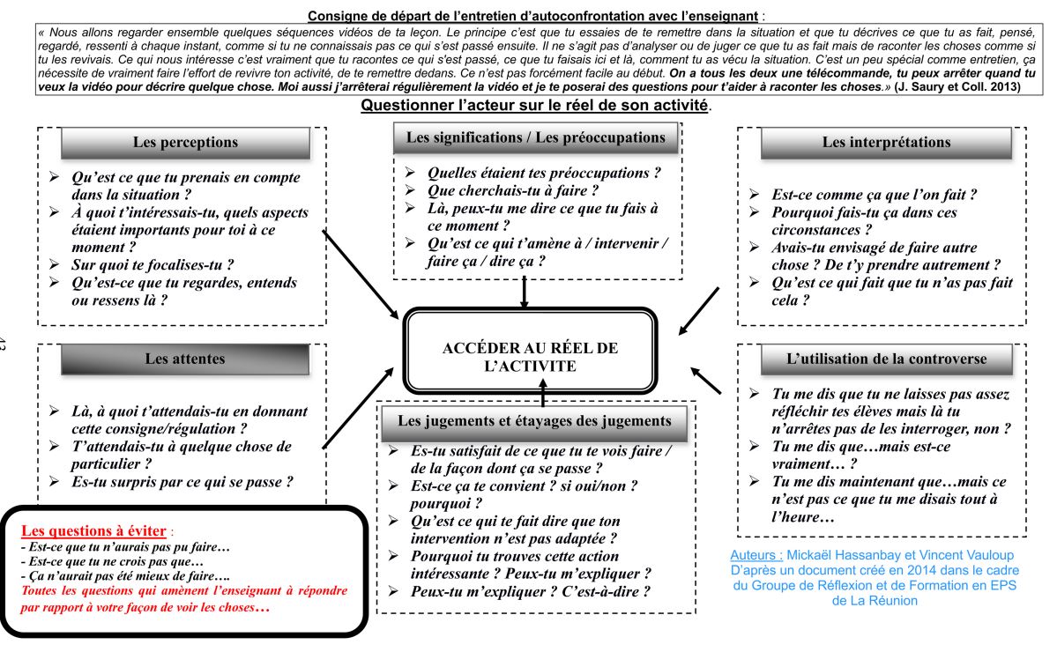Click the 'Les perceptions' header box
[185, 142]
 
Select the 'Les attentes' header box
[185, 359]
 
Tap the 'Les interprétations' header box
[886, 142]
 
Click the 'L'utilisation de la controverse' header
[886, 359]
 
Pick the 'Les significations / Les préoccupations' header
[535, 137]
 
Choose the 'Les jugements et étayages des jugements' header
[535, 421]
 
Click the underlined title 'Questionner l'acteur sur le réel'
[535, 106]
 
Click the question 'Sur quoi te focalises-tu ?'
[159, 265]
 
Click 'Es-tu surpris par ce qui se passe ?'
[182, 481]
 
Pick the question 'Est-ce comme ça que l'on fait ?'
[874, 195]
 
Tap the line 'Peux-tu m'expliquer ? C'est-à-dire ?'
[531, 591]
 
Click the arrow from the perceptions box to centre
[361, 274]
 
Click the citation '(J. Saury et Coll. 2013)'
[957, 87]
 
